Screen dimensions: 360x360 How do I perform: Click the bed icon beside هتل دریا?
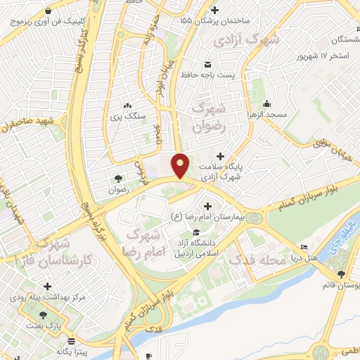(x=303, y=247)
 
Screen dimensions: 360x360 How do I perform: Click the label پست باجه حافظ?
(x=204, y=74)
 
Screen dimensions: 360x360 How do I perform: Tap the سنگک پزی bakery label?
(x=129, y=115)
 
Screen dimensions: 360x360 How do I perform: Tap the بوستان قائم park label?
(x=340, y=285)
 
